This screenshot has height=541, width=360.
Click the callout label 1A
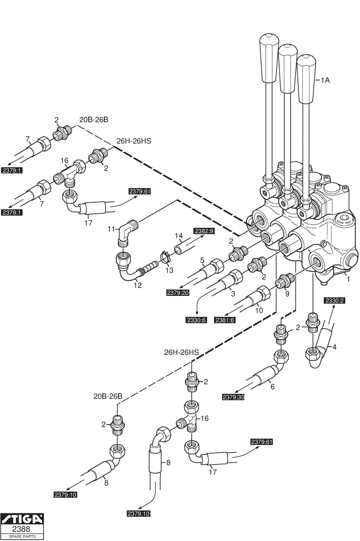tap(325, 80)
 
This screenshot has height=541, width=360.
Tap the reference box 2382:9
tap(204, 231)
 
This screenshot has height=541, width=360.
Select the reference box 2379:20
tap(178, 293)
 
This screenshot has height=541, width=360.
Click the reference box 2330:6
tap(197, 320)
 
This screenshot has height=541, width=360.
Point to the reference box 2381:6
tap(225, 320)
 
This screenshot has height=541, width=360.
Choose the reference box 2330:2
tap(335, 300)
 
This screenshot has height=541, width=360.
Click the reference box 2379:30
tap(234, 397)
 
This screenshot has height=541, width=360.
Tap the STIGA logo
tap(22, 519)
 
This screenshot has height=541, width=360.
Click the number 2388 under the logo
tap(22, 529)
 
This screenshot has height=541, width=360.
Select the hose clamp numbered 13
tap(165, 256)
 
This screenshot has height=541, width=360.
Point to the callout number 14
tap(178, 236)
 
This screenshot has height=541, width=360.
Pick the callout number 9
tap(287, 294)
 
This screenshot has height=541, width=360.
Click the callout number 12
tap(138, 285)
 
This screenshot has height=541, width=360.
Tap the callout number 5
tap(202, 260)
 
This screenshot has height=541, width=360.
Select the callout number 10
tap(259, 310)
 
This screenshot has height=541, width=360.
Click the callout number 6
tap(272, 386)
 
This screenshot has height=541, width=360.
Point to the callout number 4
tap(334, 347)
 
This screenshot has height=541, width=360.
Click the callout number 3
tap(233, 294)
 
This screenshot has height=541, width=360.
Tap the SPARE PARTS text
tap(22, 537)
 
